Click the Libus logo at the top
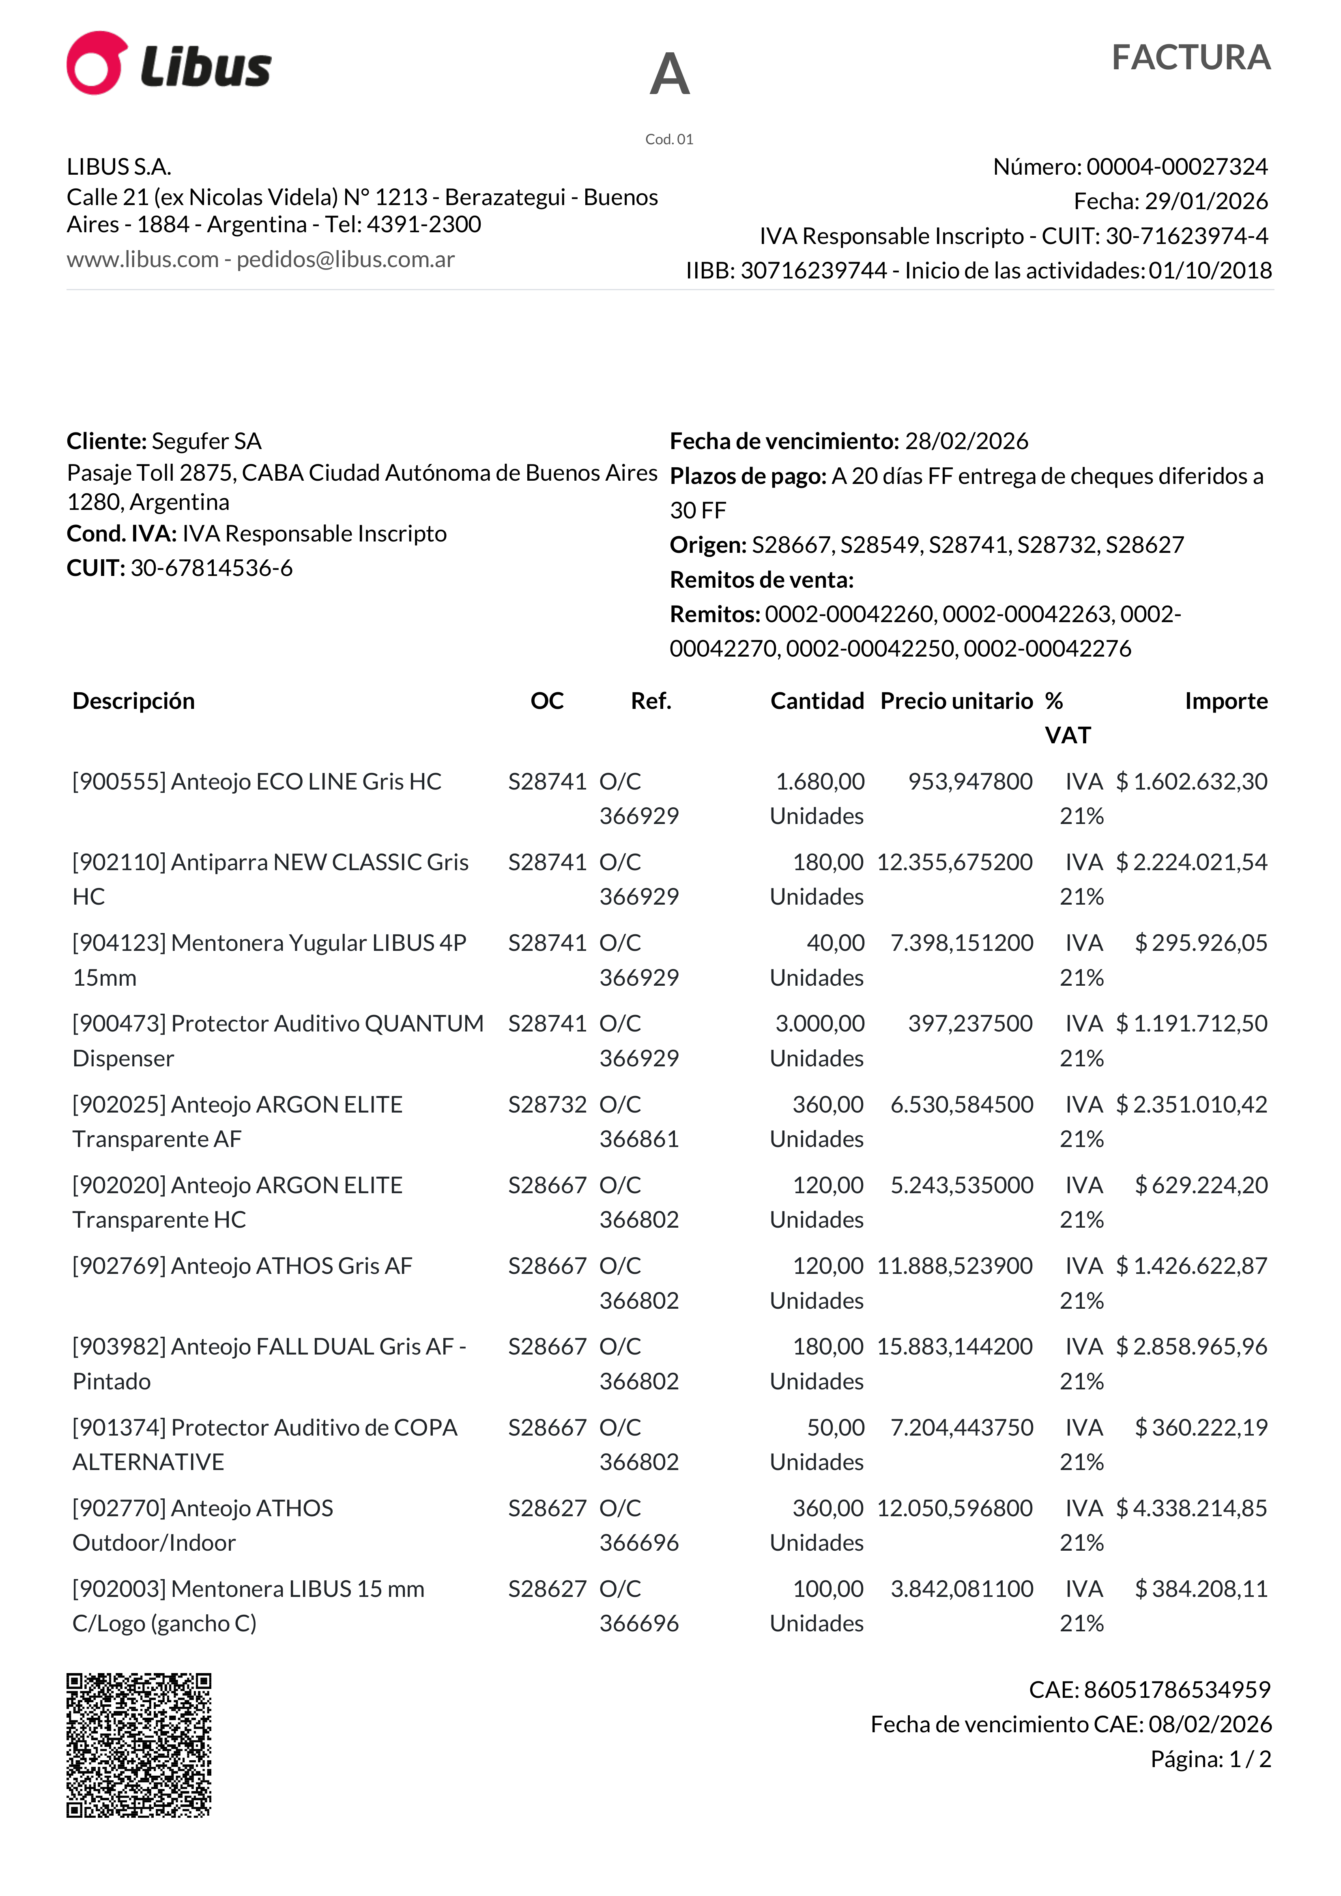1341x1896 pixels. tap(170, 64)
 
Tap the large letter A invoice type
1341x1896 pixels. tap(669, 74)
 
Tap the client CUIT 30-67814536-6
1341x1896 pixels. tap(211, 568)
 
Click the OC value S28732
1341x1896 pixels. tap(547, 1105)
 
